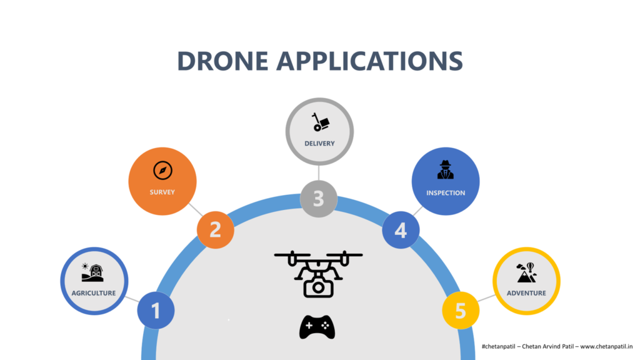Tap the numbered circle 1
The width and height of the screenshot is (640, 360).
click(x=156, y=311)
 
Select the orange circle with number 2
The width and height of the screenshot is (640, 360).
click(x=215, y=230)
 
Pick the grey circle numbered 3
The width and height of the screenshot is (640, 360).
click(x=319, y=199)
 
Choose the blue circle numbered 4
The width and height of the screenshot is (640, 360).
click(x=401, y=230)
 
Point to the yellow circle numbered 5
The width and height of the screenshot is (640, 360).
click(x=461, y=311)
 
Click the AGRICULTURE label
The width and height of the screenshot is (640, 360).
click(x=94, y=293)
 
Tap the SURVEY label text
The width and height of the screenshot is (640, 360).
click(x=162, y=192)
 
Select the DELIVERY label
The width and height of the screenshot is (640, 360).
click(x=319, y=144)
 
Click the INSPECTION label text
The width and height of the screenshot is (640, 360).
click(x=446, y=193)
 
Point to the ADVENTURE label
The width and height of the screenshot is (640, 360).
click(x=526, y=293)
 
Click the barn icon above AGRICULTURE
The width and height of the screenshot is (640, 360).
click(x=92, y=272)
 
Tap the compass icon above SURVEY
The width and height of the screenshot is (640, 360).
click(x=162, y=170)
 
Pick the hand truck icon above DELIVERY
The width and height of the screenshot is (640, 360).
click(x=321, y=122)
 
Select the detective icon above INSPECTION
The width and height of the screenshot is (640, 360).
click(x=446, y=170)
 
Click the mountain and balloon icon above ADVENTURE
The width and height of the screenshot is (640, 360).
click(x=526, y=272)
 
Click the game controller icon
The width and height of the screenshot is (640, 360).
click(x=317, y=327)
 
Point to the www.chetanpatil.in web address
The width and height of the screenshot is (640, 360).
click(x=607, y=346)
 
